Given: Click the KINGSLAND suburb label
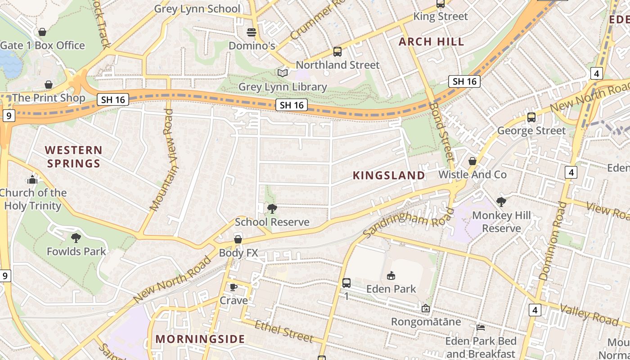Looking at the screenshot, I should point(389,175).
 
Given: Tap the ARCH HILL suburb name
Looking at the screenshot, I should point(432,42).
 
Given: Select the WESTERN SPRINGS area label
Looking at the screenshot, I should point(74,157).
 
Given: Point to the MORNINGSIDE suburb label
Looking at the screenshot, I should point(200,339).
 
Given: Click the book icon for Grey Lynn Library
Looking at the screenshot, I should point(282,73).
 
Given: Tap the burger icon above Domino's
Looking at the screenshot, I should point(251,32).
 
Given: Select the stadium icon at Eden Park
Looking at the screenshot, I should point(391,275).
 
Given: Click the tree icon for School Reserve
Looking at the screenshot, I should point(272,208).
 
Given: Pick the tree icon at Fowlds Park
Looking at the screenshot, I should point(76,238).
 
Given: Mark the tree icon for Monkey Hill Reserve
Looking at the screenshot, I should point(501,202).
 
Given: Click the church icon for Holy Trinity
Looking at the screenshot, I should point(32,180).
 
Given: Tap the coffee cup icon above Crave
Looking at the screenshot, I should point(233,287).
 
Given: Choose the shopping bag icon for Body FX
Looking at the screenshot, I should point(238,239).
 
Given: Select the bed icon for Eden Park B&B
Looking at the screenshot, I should point(481,328).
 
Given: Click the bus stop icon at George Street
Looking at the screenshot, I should point(531,117).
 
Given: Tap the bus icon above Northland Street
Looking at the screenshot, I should point(337,52).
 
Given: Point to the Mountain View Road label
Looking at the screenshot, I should point(162,160).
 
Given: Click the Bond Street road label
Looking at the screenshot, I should point(442,131).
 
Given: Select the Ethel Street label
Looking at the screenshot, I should point(283,331).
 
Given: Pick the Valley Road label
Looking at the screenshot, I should point(589,314).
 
